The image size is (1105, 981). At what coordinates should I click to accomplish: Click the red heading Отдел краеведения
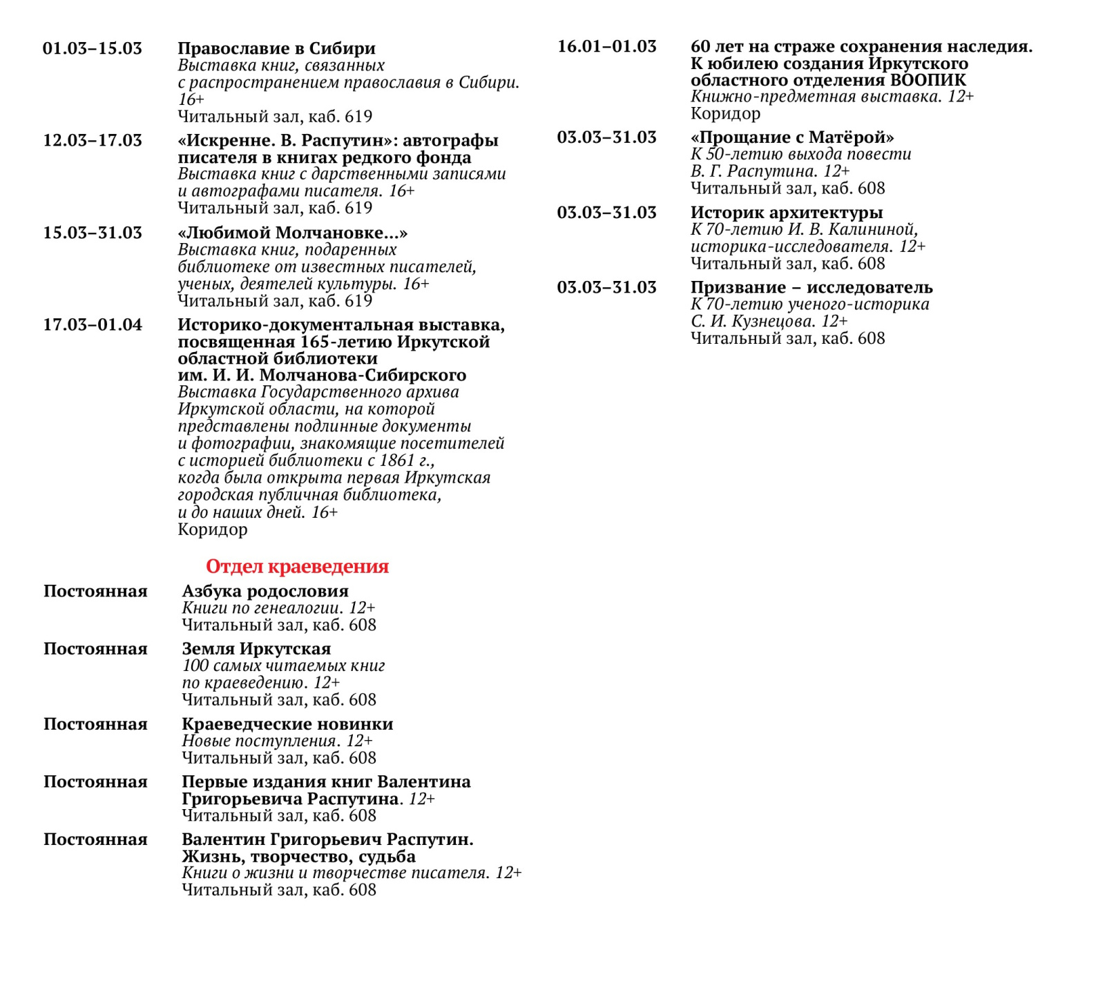297,567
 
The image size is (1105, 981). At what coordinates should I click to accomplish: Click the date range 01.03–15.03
93,48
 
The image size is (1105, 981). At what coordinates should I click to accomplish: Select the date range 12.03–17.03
93,140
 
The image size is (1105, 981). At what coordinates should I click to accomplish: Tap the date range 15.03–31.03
93,233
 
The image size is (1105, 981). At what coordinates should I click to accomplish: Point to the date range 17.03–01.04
93,324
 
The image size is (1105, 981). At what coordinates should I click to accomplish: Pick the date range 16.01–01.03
607,46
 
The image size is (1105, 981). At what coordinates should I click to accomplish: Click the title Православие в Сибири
276,48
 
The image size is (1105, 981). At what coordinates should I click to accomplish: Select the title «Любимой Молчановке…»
292,233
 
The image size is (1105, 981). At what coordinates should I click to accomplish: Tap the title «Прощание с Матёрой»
792,137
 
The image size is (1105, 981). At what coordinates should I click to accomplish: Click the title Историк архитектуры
787,213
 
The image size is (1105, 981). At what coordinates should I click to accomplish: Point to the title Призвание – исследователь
811,287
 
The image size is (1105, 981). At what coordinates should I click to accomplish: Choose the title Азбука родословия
265,591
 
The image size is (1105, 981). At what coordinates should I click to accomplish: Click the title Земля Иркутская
256,649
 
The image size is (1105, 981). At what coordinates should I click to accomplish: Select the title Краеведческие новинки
287,724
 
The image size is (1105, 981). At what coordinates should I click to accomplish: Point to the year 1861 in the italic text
398,460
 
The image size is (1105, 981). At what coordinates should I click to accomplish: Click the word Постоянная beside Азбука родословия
95,591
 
